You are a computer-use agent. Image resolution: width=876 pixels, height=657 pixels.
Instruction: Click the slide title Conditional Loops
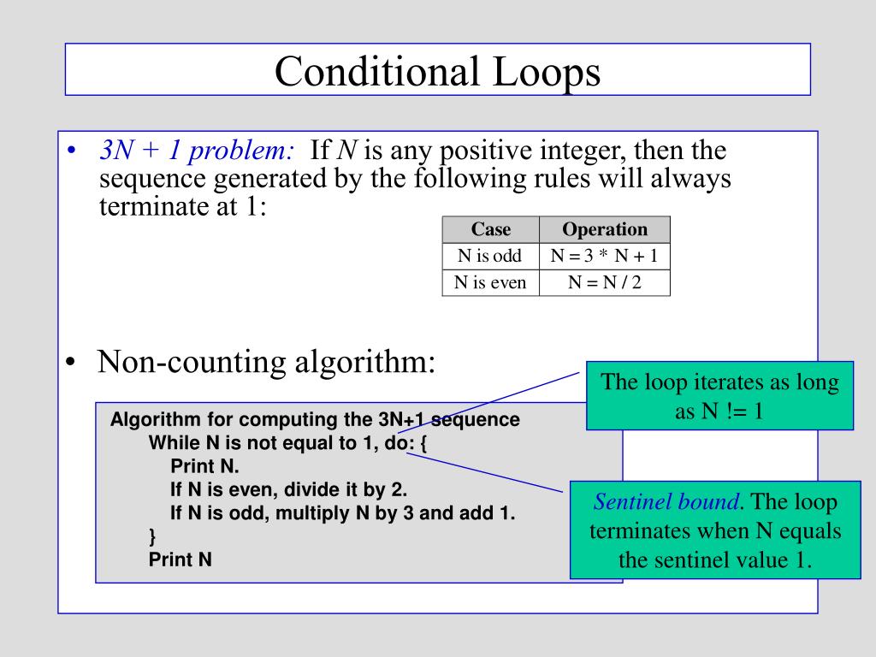437,71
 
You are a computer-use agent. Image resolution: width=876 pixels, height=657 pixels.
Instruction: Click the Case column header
490,229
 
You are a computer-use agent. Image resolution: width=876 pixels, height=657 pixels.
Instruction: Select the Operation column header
604,229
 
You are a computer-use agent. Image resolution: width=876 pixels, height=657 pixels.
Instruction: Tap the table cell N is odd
490,256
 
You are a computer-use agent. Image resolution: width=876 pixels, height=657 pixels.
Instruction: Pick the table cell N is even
490,282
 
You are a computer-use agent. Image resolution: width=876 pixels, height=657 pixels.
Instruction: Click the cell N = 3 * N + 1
604,256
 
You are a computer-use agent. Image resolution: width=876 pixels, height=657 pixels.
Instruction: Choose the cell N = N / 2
604,282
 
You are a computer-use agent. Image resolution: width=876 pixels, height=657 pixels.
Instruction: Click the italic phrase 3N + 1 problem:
197,151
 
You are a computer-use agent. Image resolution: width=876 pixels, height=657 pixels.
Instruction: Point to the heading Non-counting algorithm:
267,362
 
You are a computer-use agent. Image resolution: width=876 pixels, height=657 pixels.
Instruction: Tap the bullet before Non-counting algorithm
71,363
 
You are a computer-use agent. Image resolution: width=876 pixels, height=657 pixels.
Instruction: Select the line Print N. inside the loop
205,467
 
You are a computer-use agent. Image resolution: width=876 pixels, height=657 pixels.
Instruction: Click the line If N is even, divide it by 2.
289,490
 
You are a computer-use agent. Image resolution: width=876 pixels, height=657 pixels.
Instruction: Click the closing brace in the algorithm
152,536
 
